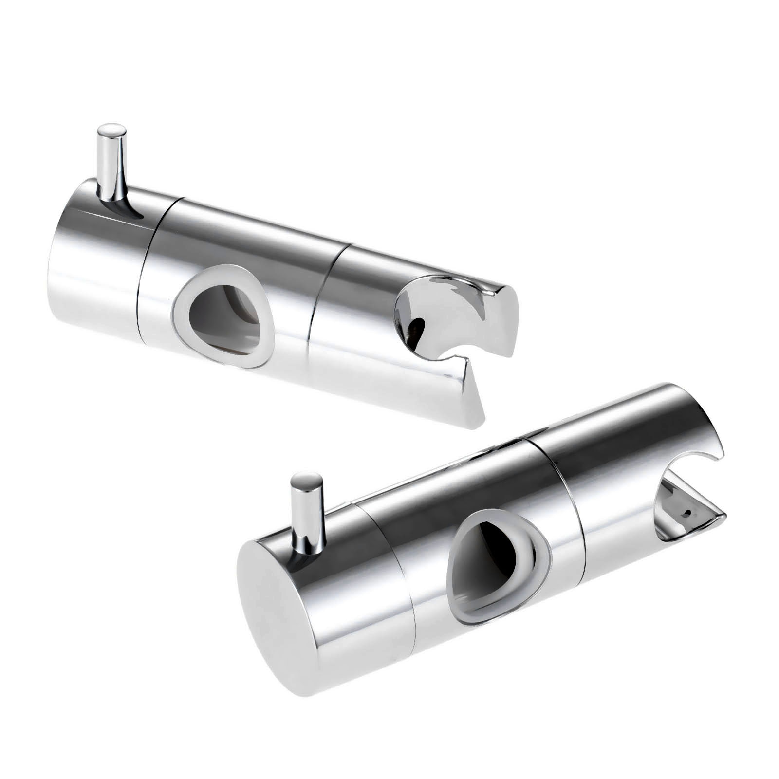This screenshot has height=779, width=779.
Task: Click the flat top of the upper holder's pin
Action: (x=111, y=131)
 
